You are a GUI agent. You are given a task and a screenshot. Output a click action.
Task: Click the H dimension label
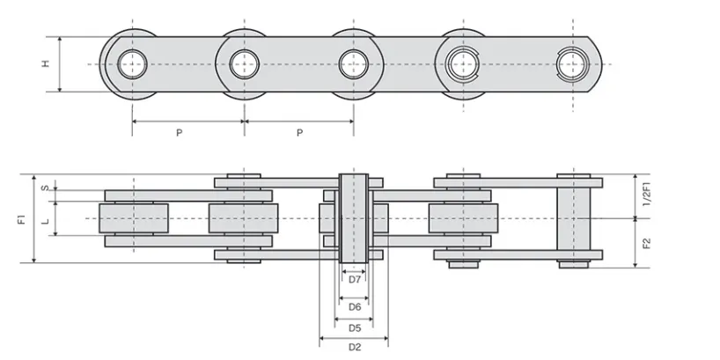pyautogui.click(x=45, y=63)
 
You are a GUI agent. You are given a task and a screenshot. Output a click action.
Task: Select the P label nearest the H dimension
pyautogui.click(x=179, y=133)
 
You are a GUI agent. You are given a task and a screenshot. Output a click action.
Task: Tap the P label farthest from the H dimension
pyautogui.click(x=299, y=133)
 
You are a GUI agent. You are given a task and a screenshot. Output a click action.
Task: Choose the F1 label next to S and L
pyautogui.click(x=21, y=218)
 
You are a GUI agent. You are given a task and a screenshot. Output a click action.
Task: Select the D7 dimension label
pyautogui.click(x=354, y=280)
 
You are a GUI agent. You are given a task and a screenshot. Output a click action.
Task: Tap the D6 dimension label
pyautogui.click(x=354, y=306)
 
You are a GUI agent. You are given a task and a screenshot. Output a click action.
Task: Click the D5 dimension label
pyautogui.click(x=354, y=327)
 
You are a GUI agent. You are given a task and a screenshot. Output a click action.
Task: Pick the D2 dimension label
pyautogui.click(x=354, y=348)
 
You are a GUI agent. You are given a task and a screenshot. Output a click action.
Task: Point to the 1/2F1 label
pyautogui.click(x=648, y=195)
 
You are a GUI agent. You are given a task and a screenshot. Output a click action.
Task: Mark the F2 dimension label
pyautogui.click(x=648, y=243)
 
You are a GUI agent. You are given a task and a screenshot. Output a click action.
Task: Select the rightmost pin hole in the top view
pyautogui.click(x=573, y=63)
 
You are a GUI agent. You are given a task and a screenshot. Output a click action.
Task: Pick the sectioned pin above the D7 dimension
pyautogui.click(x=354, y=217)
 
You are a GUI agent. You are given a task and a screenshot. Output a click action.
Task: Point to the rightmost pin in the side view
pyautogui.click(x=573, y=217)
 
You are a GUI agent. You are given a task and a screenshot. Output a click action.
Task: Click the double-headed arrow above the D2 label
pyautogui.click(x=354, y=337)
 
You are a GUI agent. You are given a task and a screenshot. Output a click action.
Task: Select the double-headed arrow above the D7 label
pyautogui.click(x=354, y=270)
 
